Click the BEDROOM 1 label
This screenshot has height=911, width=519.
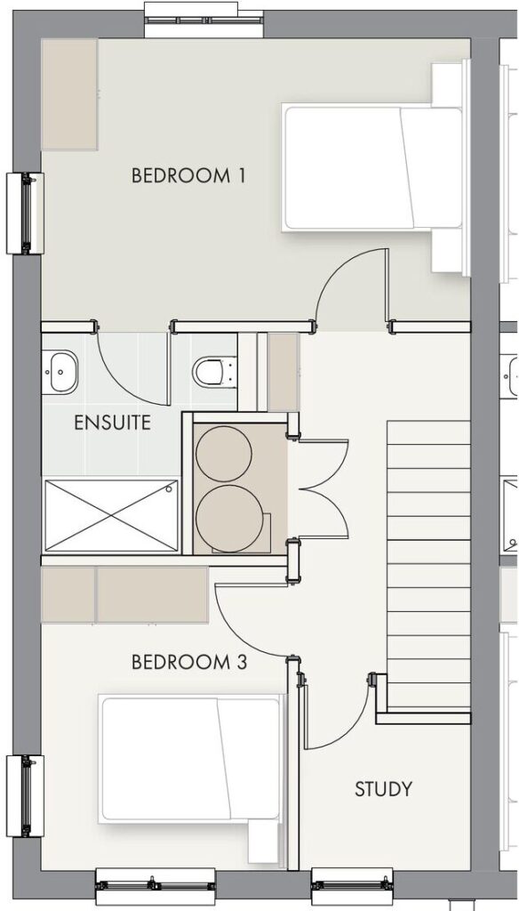click(188, 175)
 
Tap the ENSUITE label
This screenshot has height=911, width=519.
click(113, 423)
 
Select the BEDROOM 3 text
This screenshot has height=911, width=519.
click(189, 662)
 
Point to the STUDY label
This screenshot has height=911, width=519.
click(384, 789)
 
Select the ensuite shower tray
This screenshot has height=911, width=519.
click(111, 515)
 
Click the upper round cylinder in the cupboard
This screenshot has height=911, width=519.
click(223, 454)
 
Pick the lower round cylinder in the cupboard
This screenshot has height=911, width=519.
click(225, 517)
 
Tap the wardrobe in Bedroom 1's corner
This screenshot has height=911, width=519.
click(69, 94)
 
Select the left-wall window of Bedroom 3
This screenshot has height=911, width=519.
click(25, 795)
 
